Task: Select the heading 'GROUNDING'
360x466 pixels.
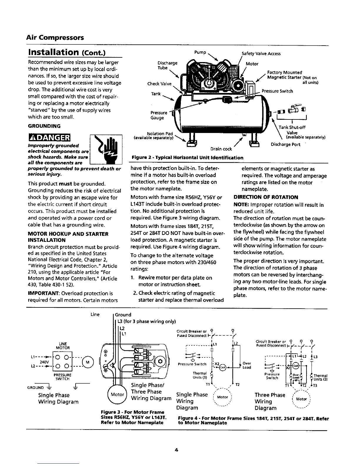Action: (44, 126)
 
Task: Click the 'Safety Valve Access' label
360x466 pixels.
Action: (261, 54)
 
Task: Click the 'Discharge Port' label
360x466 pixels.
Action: (285, 144)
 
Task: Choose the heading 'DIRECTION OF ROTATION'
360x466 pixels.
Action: (266, 197)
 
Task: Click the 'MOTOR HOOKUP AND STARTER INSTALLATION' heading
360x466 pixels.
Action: (68, 237)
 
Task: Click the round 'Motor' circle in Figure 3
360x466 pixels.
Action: (117, 395)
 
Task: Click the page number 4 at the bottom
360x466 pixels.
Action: (177, 450)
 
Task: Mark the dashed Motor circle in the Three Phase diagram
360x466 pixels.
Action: (302, 399)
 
